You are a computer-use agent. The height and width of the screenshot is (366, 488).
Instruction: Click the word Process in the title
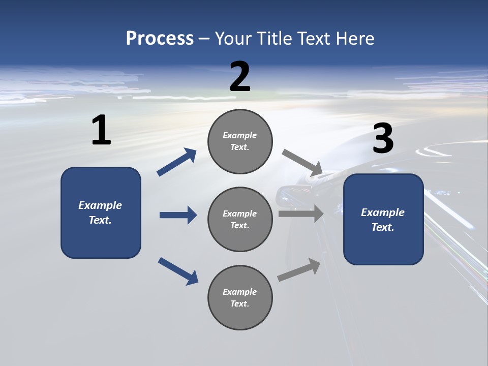point(160,38)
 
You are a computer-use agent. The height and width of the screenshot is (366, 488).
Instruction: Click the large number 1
point(101,131)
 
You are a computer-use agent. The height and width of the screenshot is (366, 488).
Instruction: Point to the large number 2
point(240,77)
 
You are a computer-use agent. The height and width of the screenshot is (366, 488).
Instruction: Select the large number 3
point(383,139)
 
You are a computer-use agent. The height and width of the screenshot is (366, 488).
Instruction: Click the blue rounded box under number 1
point(101,212)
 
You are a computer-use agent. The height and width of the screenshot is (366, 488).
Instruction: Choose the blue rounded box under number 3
point(383,219)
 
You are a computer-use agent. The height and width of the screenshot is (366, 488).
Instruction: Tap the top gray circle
point(240,141)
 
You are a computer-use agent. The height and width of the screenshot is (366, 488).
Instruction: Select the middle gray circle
point(240,219)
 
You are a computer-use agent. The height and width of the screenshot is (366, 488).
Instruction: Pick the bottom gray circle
point(240,297)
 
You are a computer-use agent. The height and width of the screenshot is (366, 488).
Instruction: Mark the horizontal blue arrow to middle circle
point(178,215)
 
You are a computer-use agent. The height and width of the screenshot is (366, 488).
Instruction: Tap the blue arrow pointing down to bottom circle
point(178,270)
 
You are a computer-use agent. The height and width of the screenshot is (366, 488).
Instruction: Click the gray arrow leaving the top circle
point(302,163)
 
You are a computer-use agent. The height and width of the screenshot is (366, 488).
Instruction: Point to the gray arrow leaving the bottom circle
point(299,269)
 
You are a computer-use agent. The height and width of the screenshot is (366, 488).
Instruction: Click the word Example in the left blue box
point(100,205)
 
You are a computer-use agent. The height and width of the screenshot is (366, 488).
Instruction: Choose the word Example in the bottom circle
point(239,292)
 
